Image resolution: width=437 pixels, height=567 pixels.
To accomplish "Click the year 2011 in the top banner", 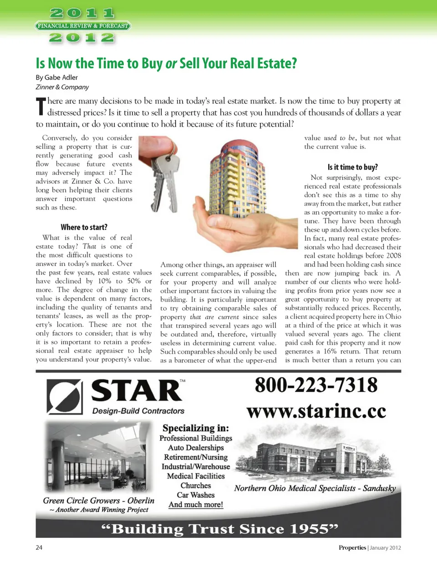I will [82, 13].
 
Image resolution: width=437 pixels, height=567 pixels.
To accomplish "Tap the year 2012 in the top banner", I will [82, 37].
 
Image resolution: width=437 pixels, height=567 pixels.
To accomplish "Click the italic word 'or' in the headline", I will [171, 64].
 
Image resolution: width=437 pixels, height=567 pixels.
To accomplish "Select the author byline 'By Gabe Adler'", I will [57, 77].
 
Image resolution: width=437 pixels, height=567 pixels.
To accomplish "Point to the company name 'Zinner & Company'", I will [62, 87].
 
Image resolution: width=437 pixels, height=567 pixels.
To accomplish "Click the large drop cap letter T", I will [41, 107].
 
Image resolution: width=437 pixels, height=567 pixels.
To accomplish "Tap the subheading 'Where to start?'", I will [84, 227].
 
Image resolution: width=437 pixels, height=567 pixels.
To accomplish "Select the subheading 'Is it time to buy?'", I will [352, 167].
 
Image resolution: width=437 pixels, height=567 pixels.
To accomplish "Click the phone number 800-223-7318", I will [316, 385].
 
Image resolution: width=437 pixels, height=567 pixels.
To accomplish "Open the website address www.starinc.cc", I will [316, 411].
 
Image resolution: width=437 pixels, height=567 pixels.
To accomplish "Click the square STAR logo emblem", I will [64, 397].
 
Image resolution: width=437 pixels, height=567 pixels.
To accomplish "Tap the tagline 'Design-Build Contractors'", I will [138, 411].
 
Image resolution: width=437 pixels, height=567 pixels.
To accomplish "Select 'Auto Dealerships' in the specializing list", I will [196, 448].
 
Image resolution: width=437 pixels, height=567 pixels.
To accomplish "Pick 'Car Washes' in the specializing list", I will [196, 495].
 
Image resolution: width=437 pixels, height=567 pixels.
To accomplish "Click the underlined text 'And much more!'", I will [196, 505].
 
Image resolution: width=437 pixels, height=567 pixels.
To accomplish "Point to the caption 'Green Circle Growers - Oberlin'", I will [99, 501].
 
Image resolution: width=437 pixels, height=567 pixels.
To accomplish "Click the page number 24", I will [39, 547].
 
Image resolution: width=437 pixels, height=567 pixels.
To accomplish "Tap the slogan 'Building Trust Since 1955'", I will [219, 529].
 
